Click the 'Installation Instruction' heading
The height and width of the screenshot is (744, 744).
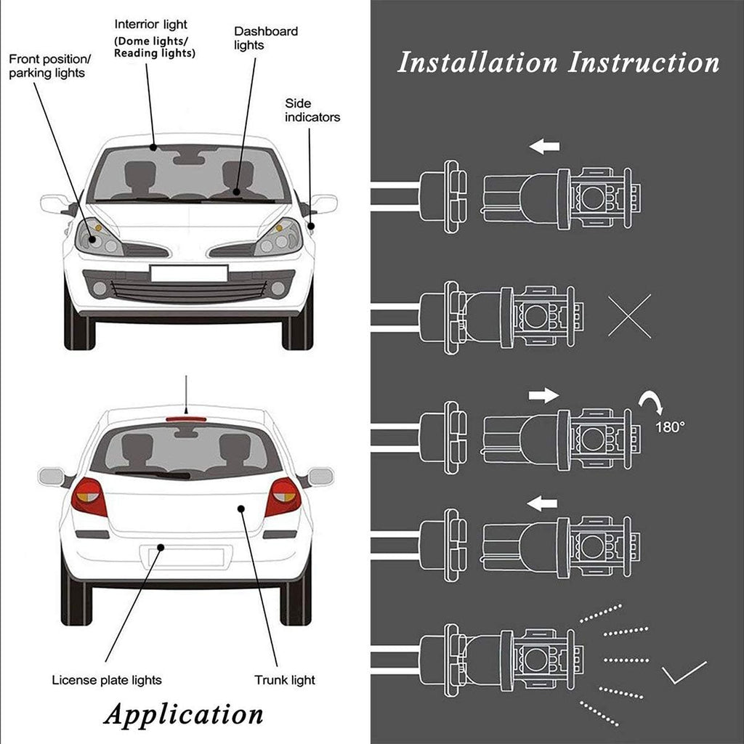tap(558, 62)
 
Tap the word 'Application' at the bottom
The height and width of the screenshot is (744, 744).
tap(183, 715)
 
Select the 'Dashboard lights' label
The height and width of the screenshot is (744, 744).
tap(266, 38)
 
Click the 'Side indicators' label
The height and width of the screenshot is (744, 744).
tap(312, 110)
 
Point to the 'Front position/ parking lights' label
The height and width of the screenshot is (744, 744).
tap(49, 66)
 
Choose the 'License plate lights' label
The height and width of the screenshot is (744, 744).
tap(107, 680)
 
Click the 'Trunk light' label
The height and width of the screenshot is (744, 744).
tap(285, 680)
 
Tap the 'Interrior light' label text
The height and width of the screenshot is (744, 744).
tap(151, 24)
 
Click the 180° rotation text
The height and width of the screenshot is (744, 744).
tap(670, 427)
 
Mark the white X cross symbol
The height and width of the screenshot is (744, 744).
tap(630, 316)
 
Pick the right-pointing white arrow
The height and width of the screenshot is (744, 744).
tap(543, 395)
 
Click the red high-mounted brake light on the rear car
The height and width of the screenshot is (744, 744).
tap(186, 419)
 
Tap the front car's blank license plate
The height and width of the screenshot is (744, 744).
tap(189, 274)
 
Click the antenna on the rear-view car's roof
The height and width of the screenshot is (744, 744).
tap(186, 395)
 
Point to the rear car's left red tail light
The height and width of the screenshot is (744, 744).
tap(89, 496)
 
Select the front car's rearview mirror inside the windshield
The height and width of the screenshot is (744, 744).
tap(189, 160)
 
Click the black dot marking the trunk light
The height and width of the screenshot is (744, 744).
tap(241, 509)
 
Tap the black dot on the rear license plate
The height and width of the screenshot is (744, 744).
tap(161, 548)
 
